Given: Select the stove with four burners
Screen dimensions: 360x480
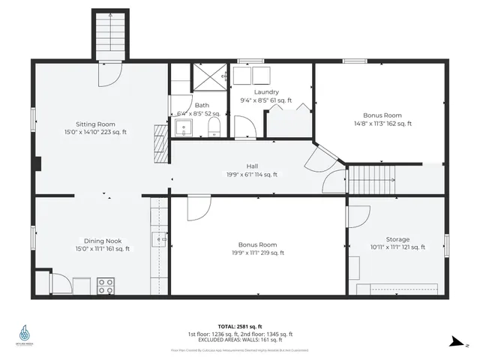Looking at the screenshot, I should click(x=105, y=286).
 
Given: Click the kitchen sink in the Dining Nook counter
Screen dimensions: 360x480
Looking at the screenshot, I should click(x=159, y=240).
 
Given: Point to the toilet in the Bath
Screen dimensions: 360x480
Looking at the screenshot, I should click(x=213, y=124).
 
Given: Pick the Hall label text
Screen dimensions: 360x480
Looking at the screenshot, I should click(x=252, y=166).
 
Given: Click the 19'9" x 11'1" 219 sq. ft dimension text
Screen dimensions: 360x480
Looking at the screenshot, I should click(x=251, y=253).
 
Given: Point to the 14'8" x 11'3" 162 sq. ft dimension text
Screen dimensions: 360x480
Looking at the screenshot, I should click(x=382, y=124).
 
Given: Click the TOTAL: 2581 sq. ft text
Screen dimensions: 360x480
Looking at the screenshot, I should click(x=240, y=327).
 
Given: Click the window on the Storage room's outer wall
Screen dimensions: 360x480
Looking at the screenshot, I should click(x=447, y=245).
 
